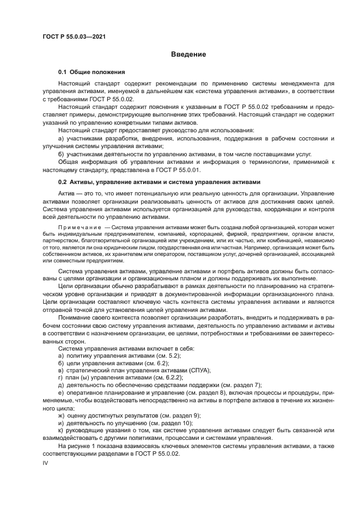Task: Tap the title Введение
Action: [188, 54]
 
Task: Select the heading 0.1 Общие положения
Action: [92, 72]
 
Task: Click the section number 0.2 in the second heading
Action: [63, 182]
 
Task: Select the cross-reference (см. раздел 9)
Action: [171, 415]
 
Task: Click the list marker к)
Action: [61, 430]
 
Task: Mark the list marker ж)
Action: [62, 415]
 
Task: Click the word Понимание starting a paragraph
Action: [76, 317]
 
